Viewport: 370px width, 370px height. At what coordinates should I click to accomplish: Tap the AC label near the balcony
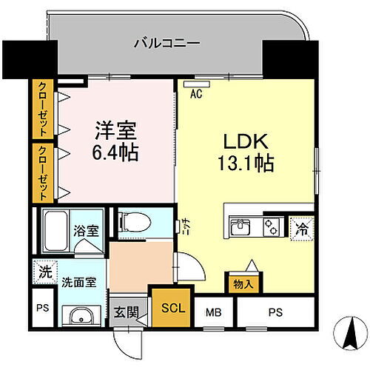[x=196, y=94]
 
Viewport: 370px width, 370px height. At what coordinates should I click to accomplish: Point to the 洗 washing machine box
[x=43, y=272]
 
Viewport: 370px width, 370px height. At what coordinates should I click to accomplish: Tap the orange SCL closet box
[x=169, y=306]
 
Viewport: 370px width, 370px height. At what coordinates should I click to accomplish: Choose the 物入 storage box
[x=243, y=283]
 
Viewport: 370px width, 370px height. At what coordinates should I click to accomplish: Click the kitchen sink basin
[x=241, y=227]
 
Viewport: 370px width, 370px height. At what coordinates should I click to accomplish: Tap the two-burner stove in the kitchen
[x=272, y=227]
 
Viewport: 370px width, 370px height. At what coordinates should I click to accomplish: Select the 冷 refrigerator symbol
[x=303, y=229]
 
